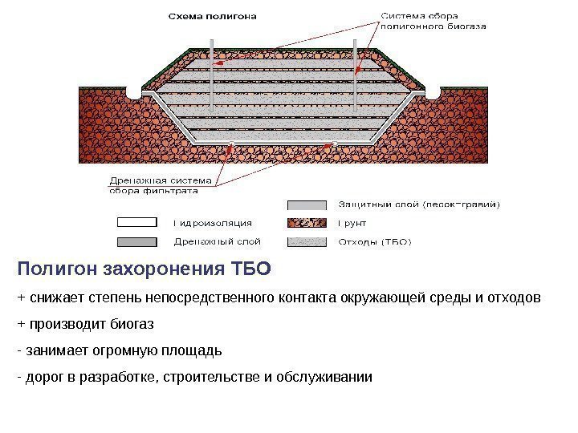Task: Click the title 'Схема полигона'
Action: pos(213,15)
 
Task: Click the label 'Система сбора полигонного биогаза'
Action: pos(433,20)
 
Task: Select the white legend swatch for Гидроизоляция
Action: pos(140,223)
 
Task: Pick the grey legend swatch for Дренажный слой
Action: pos(140,241)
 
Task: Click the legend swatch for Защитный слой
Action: pos(307,204)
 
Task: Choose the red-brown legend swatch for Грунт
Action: pos(307,223)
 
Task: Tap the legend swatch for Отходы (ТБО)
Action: pos(307,241)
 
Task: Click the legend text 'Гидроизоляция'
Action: pos(214,223)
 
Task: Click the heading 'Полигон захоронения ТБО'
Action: pos(144,268)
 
